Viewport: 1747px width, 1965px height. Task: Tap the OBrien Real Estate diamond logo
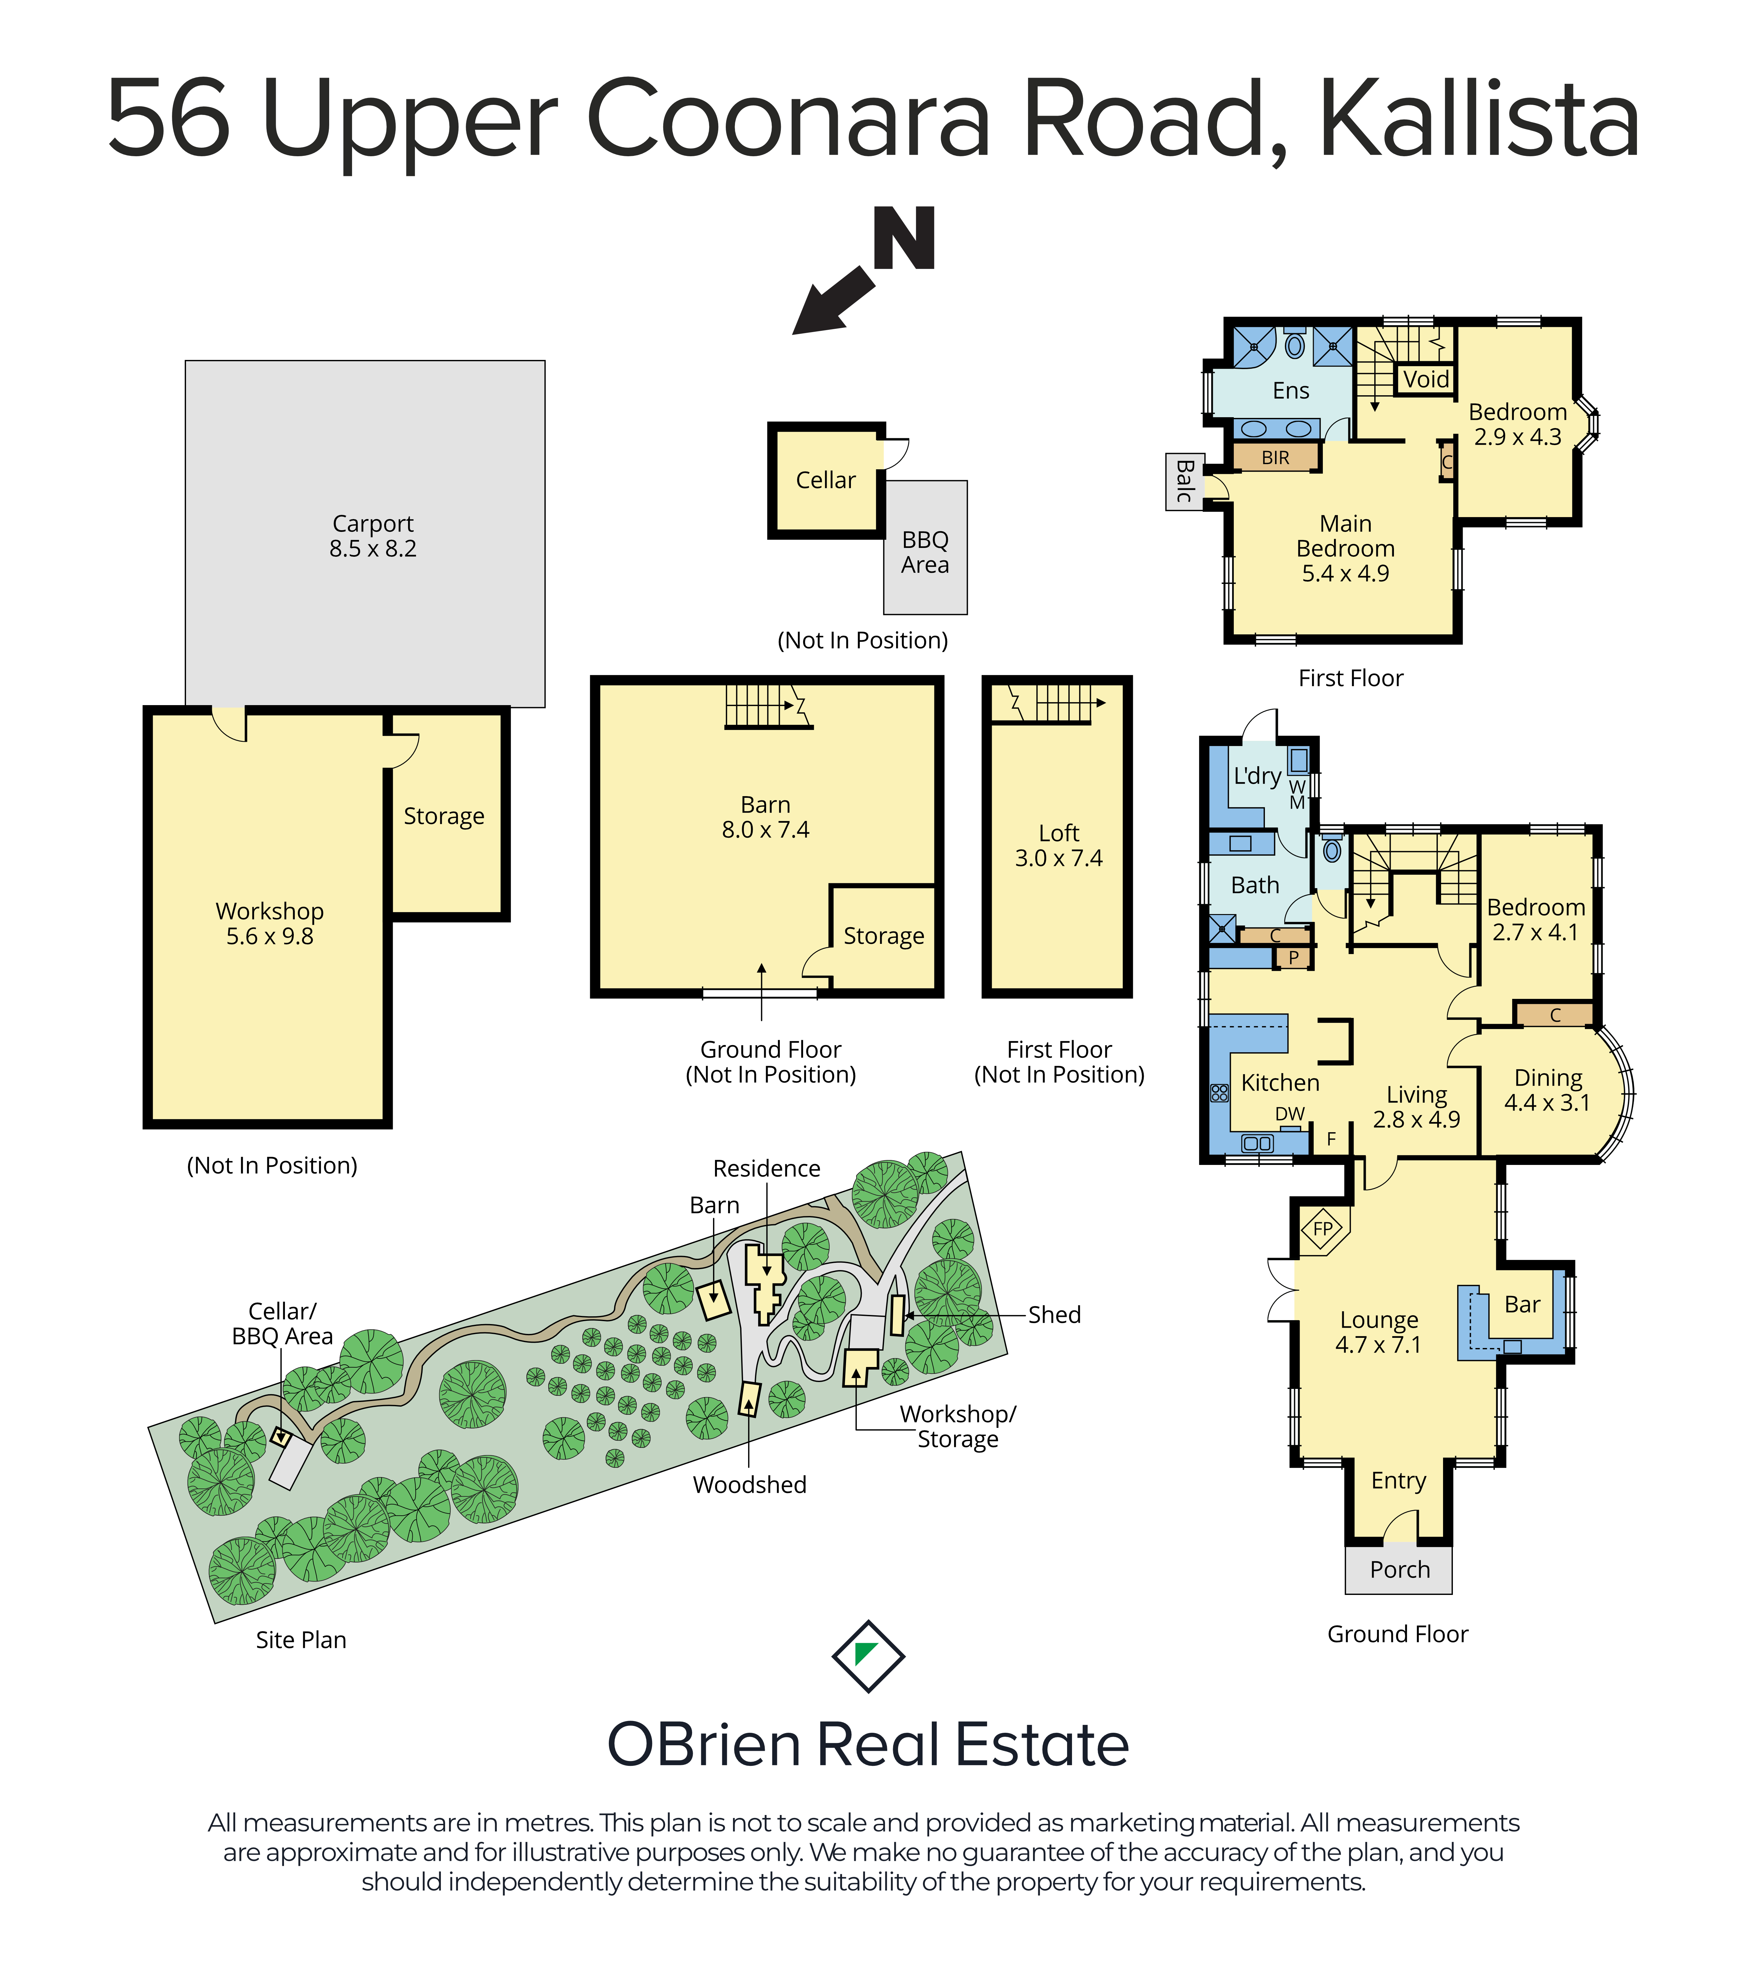tap(868, 1656)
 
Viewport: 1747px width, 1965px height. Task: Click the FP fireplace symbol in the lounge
tap(1323, 1228)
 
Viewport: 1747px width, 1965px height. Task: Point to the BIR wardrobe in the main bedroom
tap(1276, 458)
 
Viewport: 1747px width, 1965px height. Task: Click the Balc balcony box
tap(1185, 482)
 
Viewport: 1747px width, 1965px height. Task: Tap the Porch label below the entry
tap(1400, 1570)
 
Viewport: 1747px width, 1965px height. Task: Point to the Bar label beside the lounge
tap(1522, 1304)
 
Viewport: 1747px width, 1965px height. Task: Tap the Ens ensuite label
tap(1291, 390)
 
